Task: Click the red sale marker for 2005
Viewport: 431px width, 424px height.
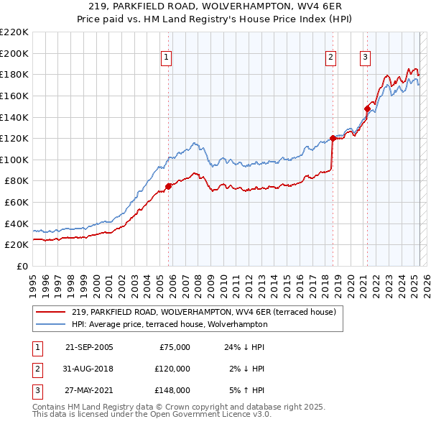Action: (169, 186)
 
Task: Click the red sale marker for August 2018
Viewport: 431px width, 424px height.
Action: (333, 138)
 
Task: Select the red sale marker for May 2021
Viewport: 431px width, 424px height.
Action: (367, 109)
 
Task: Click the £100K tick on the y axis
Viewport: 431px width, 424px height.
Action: (16, 160)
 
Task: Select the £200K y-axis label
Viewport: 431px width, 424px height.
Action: (16, 53)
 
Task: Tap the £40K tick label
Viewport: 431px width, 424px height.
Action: (18, 223)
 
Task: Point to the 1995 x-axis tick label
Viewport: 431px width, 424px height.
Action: (33, 280)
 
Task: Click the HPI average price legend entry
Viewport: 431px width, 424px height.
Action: (170, 324)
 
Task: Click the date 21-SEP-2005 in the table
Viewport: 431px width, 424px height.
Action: (89, 347)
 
